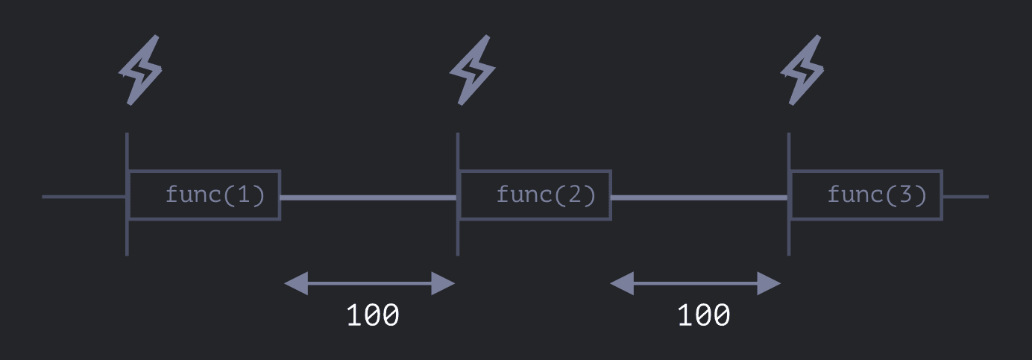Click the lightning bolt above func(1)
140,70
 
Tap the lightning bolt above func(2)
472,70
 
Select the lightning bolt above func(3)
802,70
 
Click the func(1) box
205,195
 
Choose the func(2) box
535,195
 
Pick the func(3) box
866,195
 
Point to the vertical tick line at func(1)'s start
127,239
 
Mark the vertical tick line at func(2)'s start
457,239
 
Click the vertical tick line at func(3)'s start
788,239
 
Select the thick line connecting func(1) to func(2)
368,198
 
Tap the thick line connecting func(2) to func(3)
699,198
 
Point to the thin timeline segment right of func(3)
966,197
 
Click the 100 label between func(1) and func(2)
373,315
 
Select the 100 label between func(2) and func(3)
703,315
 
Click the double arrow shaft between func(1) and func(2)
370,283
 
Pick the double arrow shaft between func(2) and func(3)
695,283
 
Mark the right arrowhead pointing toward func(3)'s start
770,283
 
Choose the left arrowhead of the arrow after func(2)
622,283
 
